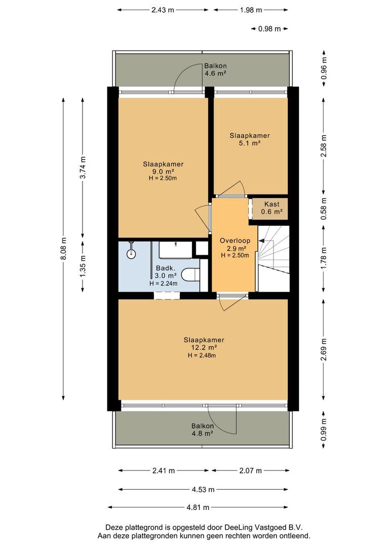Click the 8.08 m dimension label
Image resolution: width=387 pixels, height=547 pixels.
63,248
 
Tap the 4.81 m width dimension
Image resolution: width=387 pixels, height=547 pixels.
198,507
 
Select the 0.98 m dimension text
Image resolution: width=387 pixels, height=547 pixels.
269,28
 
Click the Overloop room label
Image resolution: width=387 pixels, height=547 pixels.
235,241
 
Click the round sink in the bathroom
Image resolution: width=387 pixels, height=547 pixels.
131,254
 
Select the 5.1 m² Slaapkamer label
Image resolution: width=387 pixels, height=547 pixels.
250,139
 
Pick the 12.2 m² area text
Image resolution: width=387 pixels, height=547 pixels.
204,347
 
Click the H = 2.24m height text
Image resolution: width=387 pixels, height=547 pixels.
163,284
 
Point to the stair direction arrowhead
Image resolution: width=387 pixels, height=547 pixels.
261,241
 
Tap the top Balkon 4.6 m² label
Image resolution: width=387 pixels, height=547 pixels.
215,69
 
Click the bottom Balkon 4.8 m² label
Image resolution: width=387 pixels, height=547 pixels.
203,430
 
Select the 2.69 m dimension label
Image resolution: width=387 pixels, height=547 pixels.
324,349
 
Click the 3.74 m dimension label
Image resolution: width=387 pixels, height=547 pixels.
83,168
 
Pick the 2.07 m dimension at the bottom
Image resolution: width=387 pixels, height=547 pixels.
251,471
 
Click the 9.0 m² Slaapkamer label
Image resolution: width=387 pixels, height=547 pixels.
163,171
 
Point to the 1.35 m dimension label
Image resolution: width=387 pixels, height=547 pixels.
83,266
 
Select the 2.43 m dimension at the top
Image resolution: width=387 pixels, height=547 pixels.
163,10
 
